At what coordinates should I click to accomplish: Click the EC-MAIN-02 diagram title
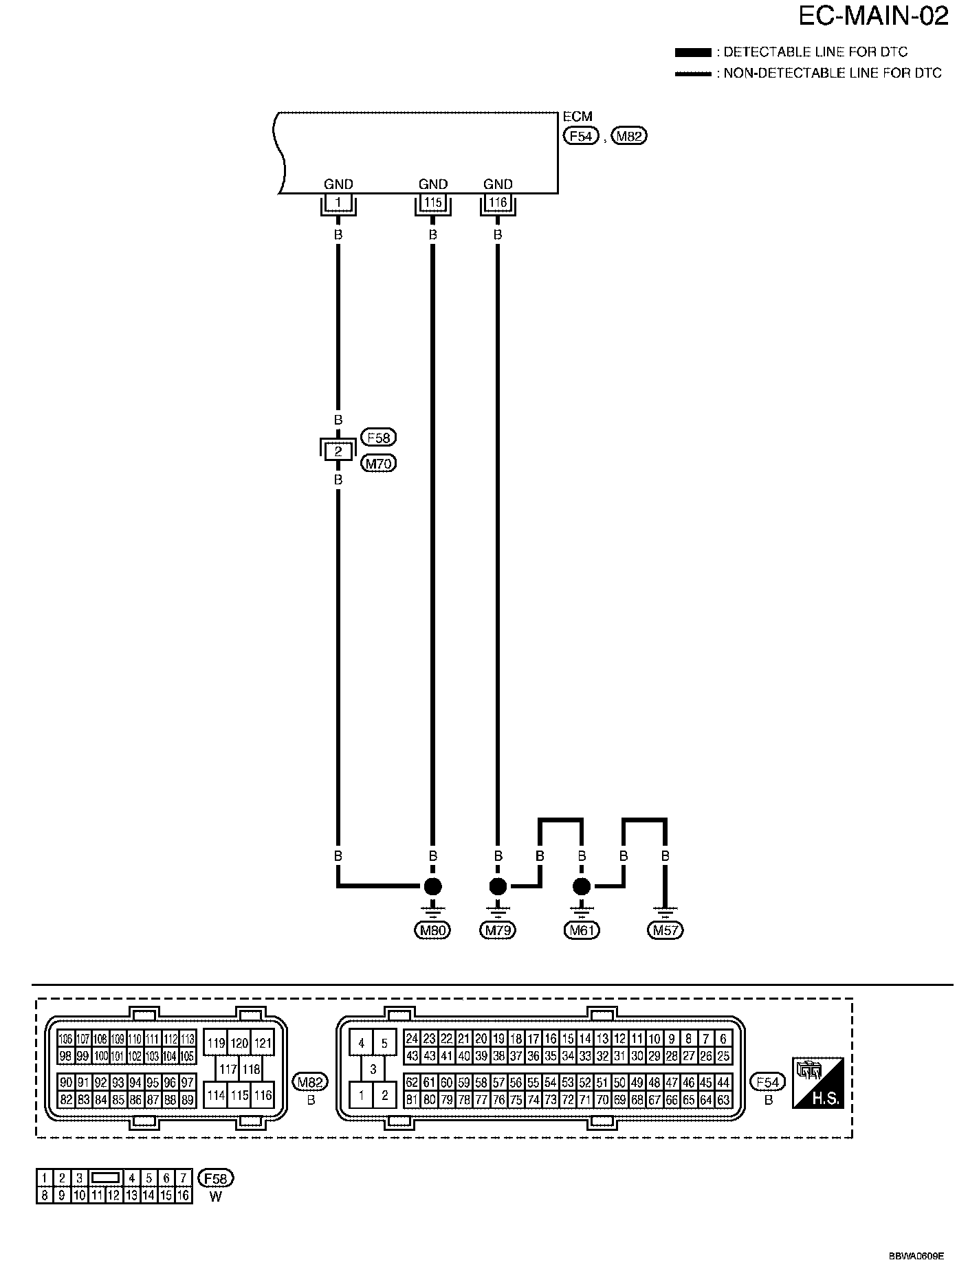click(873, 16)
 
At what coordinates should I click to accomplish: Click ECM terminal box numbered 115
click(432, 203)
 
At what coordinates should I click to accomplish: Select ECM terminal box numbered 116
click(497, 203)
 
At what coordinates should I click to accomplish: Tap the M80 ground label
click(432, 931)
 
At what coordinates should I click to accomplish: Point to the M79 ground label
click(497, 931)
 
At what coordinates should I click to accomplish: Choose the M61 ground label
click(582, 931)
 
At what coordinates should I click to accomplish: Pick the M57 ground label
click(665, 931)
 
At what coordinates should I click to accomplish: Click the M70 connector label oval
click(378, 464)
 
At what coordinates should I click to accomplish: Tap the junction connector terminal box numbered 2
click(338, 451)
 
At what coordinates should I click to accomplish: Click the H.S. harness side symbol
click(817, 1082)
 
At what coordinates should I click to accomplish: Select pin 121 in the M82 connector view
click(263, 1043)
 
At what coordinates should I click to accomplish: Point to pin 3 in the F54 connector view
click(373, 1070)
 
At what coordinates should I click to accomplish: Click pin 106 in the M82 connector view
click(65, 1039)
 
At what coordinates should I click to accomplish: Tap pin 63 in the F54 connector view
click(723, 1100)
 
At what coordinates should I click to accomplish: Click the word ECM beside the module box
click(577, 117)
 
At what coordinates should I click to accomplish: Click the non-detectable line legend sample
click(693, 74)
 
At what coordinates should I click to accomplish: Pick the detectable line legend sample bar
click(693, 52)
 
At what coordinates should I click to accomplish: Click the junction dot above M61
click(582, 886)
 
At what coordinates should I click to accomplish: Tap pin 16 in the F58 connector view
click(183, 1195)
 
